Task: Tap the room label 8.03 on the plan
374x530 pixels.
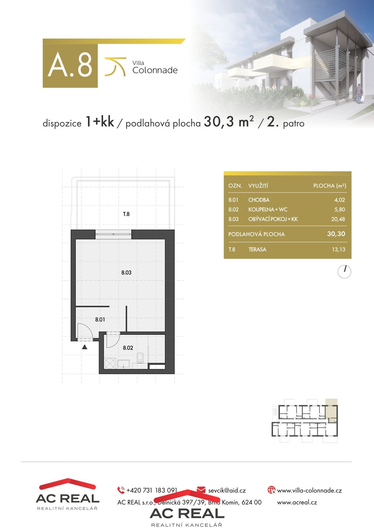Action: coord(126,273)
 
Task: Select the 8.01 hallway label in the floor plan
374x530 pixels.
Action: coord(100,320)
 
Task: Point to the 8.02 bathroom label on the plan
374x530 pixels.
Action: coord(128,348)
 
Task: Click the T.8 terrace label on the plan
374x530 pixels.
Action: coord(126,214)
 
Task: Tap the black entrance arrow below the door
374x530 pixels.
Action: coord(85,347)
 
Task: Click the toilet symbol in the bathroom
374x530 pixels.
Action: coord(140,357)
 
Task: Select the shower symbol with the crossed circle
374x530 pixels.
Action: coord(110,363)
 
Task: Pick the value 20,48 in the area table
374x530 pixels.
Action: coord(338,219)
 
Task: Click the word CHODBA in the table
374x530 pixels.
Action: coord(259,200)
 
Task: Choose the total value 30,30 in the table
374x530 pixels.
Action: coord(336,234)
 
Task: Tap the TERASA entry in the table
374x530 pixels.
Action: coord(257,249)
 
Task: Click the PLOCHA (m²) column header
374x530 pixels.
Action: coord(330,186)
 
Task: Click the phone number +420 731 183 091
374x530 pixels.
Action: coord(152,490)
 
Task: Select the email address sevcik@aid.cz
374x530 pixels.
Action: coord(227,491)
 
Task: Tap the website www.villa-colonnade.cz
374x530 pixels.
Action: coord(309,491)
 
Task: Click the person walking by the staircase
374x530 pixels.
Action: coord(359,93)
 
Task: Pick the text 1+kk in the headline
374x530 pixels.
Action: coord(100,122)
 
